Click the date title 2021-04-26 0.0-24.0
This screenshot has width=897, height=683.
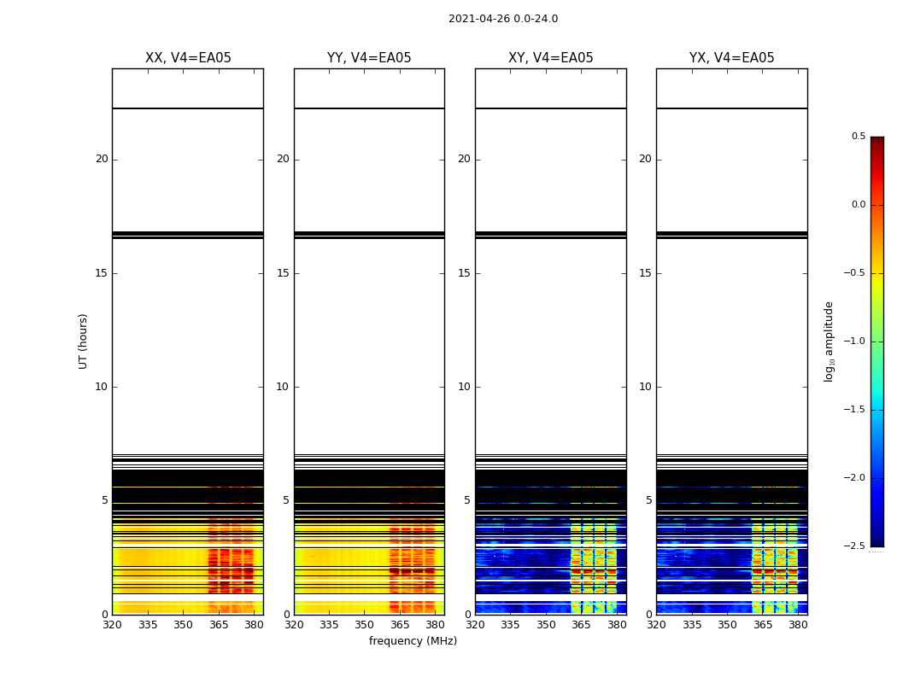(x=502, y=19)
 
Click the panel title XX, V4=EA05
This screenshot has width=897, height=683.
(x=188, y=58)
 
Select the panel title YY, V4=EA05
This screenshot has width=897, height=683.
(x=369, y=58)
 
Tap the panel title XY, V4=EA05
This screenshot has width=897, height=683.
(x=550, y=58)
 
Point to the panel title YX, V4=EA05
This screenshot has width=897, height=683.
(x=731, y=58)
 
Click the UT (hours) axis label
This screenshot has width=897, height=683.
(x=83, y=341)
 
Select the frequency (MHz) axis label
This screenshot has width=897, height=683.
(x=413, y=641)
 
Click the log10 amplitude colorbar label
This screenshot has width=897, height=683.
(x=828, y=341)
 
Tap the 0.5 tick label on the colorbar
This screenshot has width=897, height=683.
(x=858, y=137)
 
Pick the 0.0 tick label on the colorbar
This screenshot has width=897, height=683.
(x=858, y=205)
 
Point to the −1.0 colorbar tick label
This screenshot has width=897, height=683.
(x=856, y=341)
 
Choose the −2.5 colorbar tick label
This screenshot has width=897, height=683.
(x=856, y=546)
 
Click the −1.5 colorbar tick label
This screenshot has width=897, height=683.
(x=856, y=410)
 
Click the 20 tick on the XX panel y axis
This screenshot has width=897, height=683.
(x=102, y=159)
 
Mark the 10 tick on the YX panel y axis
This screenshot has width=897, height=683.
(x=645, y=387)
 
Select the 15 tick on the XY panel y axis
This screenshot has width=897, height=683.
(x=464, y=273)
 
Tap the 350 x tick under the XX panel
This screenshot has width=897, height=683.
(x=183, y=625)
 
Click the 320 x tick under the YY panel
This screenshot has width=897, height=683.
(x=294, y=625)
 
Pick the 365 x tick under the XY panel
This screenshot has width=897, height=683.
(x=581, y=625)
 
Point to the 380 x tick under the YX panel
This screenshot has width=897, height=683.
(x=798, y=625)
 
